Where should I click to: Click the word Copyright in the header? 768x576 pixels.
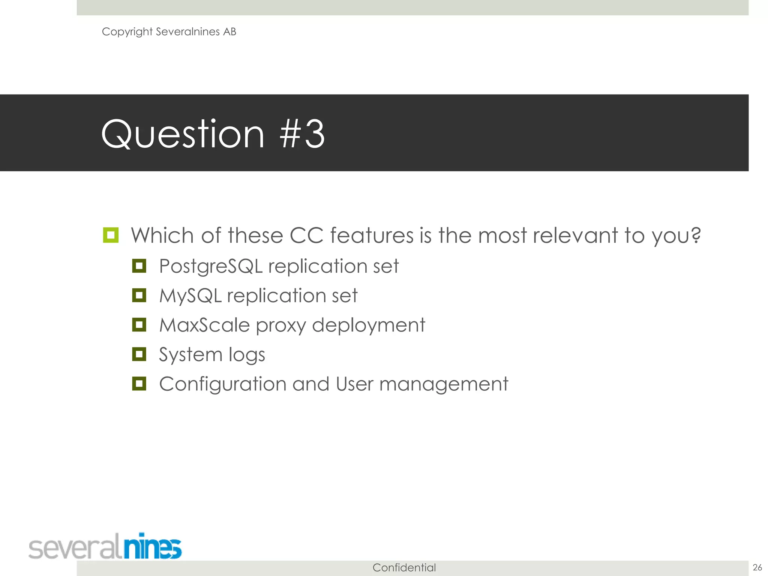coord(127,32)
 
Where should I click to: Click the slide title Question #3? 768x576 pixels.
coord(213,134)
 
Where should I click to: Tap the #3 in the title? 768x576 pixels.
coord(302,134)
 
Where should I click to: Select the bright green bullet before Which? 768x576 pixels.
coord(111,235)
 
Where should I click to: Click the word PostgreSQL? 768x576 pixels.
coord(211,267)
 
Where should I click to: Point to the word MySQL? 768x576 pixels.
coord(190,295)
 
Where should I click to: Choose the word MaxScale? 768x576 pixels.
coord(204,325)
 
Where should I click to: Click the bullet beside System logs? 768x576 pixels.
coord(139,354)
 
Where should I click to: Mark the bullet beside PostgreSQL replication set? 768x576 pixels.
coord(139,266)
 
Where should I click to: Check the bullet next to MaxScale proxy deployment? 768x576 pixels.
coord(139,324)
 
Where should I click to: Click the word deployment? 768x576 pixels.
coord(368,325)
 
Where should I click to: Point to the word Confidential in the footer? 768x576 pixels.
coord(404,567)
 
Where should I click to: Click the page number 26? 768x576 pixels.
coord(757,567)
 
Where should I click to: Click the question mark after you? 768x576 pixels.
coord(696,235)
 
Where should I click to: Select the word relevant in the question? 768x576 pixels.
coord(575,235)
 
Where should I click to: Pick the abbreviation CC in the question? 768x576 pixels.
coord(306,235)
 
